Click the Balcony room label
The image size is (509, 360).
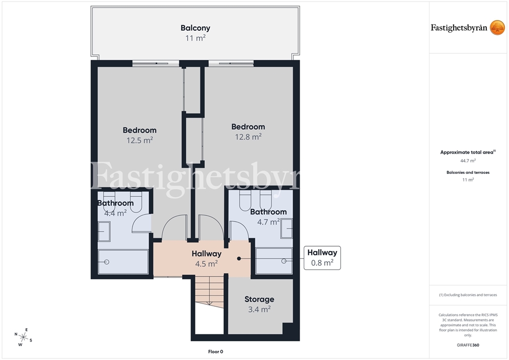(x=195, y=28)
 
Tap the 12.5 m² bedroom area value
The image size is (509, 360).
(x=140, y=141)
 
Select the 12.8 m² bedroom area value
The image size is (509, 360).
(x=248, y=137)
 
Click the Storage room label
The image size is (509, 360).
(x=259, y=299)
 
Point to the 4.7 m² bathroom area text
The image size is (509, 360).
(x=268, y=222)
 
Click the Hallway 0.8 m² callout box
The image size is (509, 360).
(x=322, y=258)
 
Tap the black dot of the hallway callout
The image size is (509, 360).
(x=239, y=258)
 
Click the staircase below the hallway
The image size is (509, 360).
(x=209, y=291)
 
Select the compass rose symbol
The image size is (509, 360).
(x=23, y=337)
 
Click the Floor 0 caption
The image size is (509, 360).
(x=216, y=352)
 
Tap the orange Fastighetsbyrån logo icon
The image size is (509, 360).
(x=497, y=28)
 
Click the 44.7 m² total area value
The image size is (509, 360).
(x=468, y=161)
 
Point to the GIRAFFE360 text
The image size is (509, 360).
(x=468, y=345)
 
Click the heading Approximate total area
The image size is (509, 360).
(x=467, y=152)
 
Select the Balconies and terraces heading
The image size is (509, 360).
(x=468, y=172)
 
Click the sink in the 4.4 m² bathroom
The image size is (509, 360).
(x=104, y=232)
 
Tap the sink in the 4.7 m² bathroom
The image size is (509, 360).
(x=287, y=228)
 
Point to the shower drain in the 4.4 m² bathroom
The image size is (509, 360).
(x=107, y=262)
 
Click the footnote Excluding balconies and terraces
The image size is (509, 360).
(x=468, y=295)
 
